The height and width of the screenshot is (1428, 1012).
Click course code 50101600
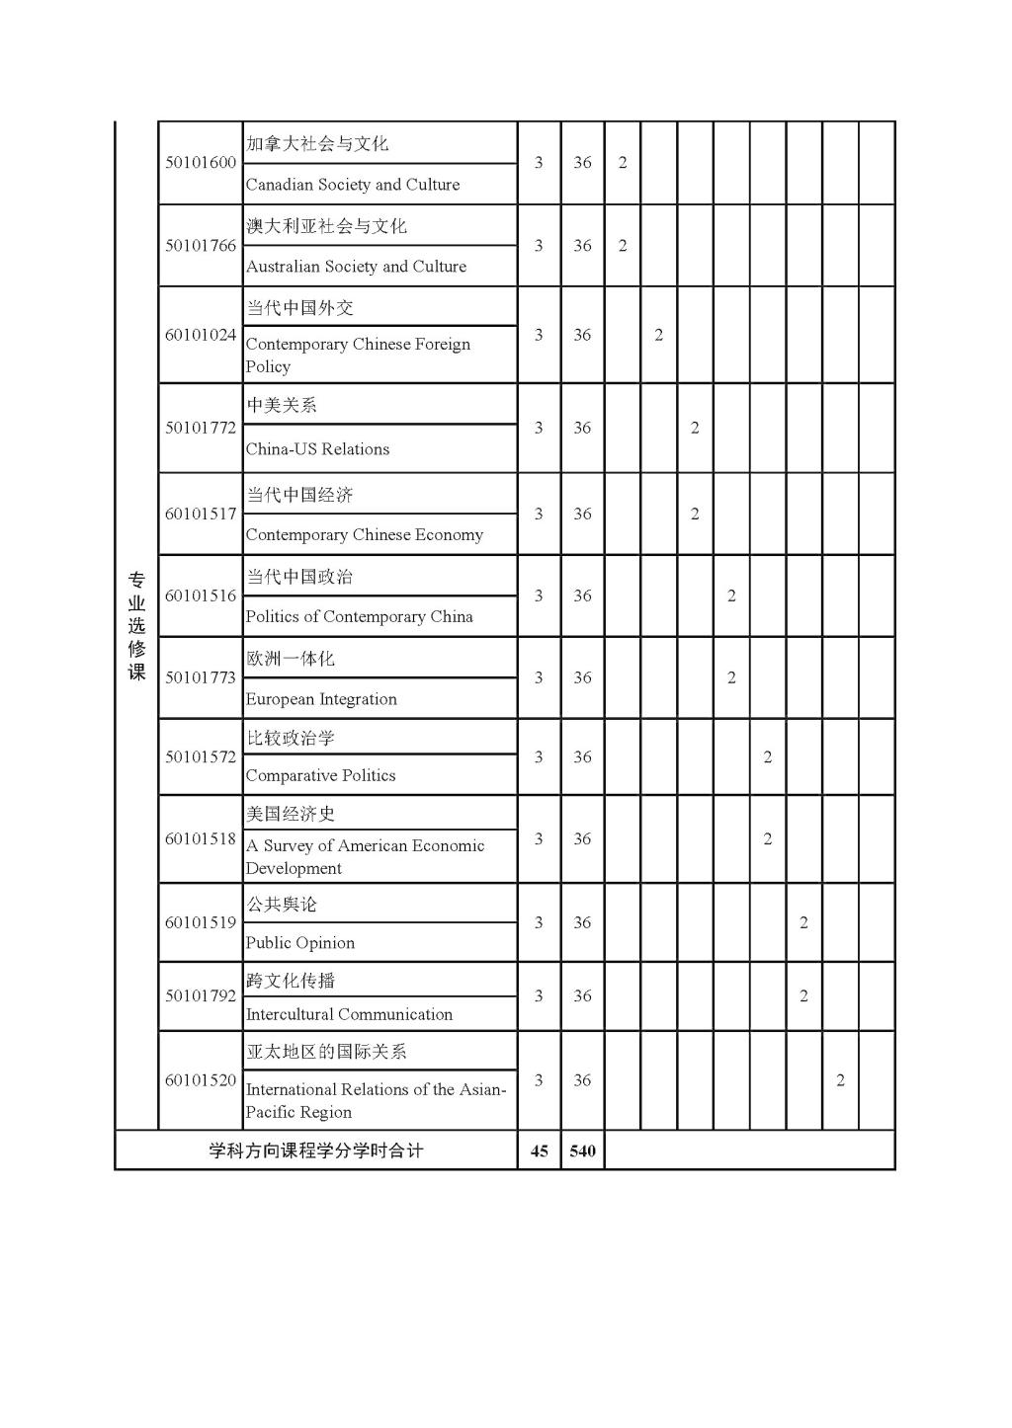click(x=201, y=163)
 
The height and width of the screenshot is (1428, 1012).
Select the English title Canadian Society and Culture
click(x=353, y=185)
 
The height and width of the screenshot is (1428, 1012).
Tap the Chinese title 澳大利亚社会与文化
click(x=326, y=226)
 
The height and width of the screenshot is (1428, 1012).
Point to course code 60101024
click(x=201, y=335)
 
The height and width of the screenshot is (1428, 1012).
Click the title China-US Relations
click(x=317, y=449)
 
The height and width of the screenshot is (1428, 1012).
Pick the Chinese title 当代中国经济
click(x=299, y=495)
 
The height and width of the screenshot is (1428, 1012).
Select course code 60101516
click(x=201, y=595)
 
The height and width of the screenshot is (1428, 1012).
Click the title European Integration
click(x=321, y=699)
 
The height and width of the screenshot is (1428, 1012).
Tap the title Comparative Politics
click(x=320, y=775)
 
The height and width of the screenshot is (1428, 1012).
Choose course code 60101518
click(x=201, y=838)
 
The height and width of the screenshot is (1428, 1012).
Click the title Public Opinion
click(x=299, y=943)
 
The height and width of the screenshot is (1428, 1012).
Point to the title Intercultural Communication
click(x=349, y=1014)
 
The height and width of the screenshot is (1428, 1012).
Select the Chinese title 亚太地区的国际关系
click(x=326, y=1052)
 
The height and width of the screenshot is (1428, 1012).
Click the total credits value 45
click(x=540, y=1151)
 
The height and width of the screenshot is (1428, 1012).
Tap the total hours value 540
click(x=583, y=1151)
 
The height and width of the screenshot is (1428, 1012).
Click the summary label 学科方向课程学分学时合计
click(x=316, y=1151)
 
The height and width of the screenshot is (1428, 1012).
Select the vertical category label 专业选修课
click(x=136, y=625)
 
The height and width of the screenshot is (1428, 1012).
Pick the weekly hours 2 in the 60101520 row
click(x=841, y=1080)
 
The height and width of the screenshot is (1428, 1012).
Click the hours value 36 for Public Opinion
click(x=583, y=922)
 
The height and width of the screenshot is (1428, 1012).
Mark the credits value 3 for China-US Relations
click(x=539, y=428)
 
